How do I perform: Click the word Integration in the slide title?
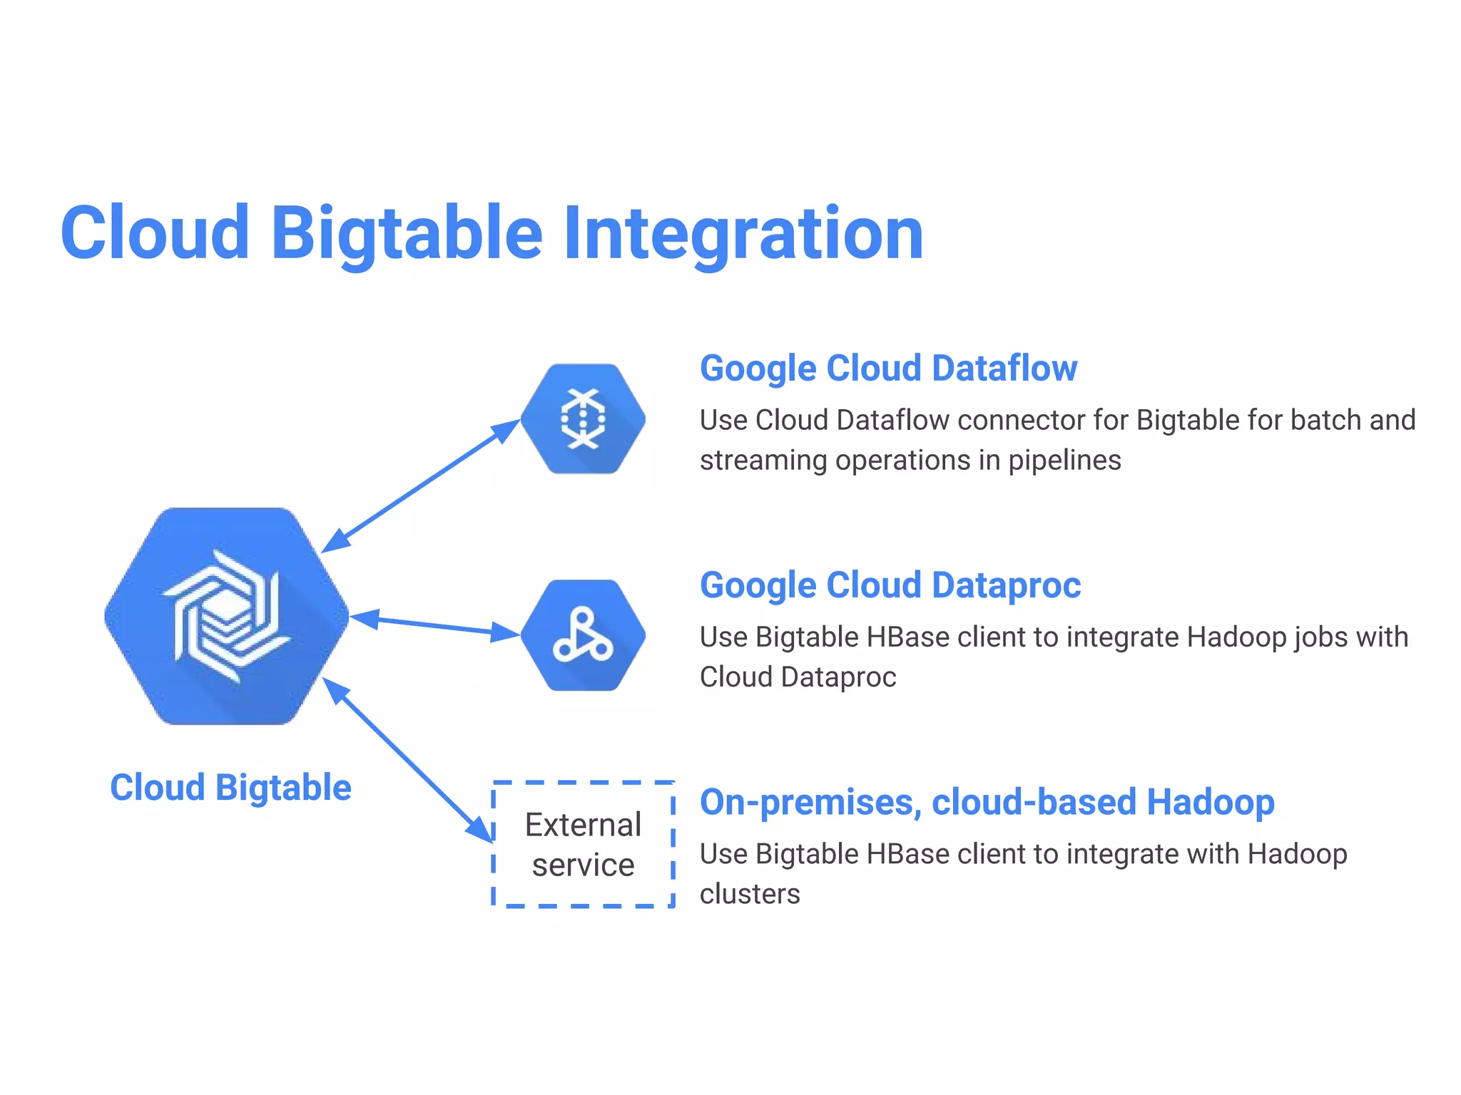[x=743, y=234]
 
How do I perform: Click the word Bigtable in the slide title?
[x=407, y=234]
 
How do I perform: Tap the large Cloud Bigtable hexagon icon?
[x=227, y=616]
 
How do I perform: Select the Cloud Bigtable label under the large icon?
[x=230, y=788]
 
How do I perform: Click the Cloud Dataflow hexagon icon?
[x=583, y=419]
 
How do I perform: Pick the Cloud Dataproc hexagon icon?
[x=583, y=635]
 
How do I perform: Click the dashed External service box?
[x=583, y=844]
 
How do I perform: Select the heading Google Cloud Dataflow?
[x=888, y=369]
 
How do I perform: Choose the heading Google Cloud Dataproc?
[x=890, y=585]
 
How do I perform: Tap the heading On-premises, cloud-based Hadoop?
[x=987, y=802]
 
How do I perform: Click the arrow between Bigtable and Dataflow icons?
[x=421, y=486]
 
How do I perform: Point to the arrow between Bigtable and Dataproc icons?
[x=435, y=625]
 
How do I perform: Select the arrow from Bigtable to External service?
[x=408, y=760]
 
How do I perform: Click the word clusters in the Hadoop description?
[x=750, y=894]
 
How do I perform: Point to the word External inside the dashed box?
[x=583, y=825]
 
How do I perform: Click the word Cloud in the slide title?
[x=156, y=234]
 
